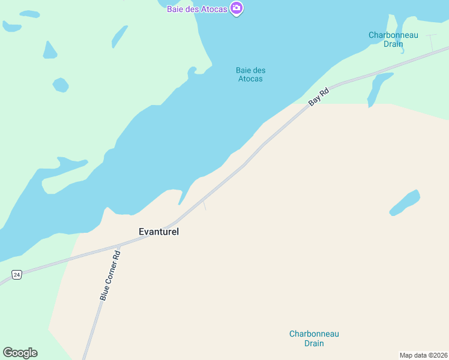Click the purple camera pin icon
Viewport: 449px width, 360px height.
coord(237,8)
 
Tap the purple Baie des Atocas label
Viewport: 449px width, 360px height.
coord(197,7)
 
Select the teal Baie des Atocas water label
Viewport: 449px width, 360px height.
coord(250,74)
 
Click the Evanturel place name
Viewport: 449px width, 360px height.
coord(159,231)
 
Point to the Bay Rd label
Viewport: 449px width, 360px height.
coord(319,97)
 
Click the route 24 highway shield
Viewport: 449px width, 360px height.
coord(16,275)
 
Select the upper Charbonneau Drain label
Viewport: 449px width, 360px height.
coord(393,40)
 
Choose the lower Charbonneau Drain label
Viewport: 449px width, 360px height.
coord(314,338)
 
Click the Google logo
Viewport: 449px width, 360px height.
coord(20,353)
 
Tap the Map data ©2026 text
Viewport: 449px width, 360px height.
coord(424,355)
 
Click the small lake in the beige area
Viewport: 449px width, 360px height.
coord(405,203)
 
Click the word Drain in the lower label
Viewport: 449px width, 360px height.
coord(314,344)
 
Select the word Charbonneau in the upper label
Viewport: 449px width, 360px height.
coord(393,35)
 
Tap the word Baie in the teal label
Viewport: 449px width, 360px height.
coord(243,70)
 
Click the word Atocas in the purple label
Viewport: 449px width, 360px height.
coord(214,7)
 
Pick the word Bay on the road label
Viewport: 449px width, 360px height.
coord(314,101)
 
